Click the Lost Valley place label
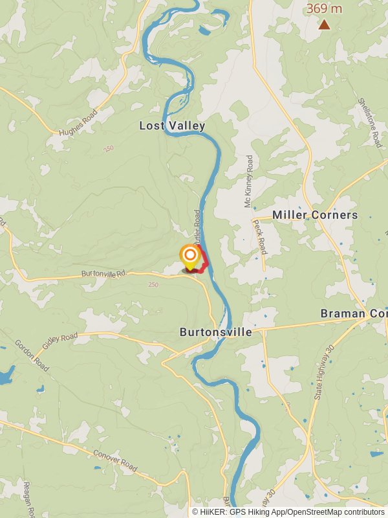[x=172, y=126]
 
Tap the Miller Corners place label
[x=315, y=215]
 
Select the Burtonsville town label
[x=215, y=332]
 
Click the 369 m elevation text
[x=324, y=8]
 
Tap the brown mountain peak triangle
[x=324, y=25]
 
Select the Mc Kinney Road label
[x=248, y=181]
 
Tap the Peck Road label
[x=259, y=236]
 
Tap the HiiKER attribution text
[x=288, y=512]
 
